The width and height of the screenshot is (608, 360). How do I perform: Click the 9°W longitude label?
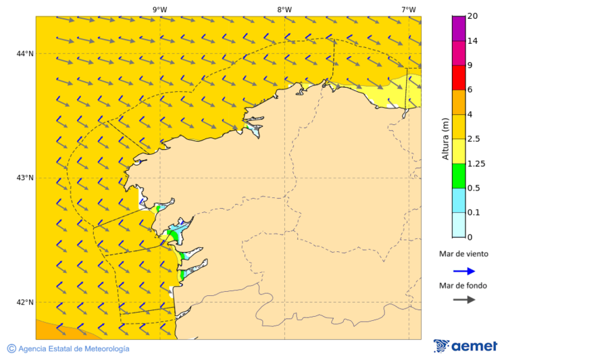(160, 9)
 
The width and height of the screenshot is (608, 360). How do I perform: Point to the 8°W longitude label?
(284, 9)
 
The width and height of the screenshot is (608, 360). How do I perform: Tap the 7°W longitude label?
(408, 9)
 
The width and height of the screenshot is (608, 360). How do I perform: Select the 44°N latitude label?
(25, 53)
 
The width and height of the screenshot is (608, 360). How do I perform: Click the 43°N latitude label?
(25, 178)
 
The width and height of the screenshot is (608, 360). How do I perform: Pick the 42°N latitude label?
(25, 302)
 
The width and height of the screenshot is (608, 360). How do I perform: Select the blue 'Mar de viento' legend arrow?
(464, 271)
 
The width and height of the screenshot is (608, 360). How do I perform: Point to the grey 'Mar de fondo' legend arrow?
(464, 300)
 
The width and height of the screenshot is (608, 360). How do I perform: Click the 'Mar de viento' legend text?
(463, 255)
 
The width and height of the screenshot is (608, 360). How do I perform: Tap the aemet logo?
(465, 346)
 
